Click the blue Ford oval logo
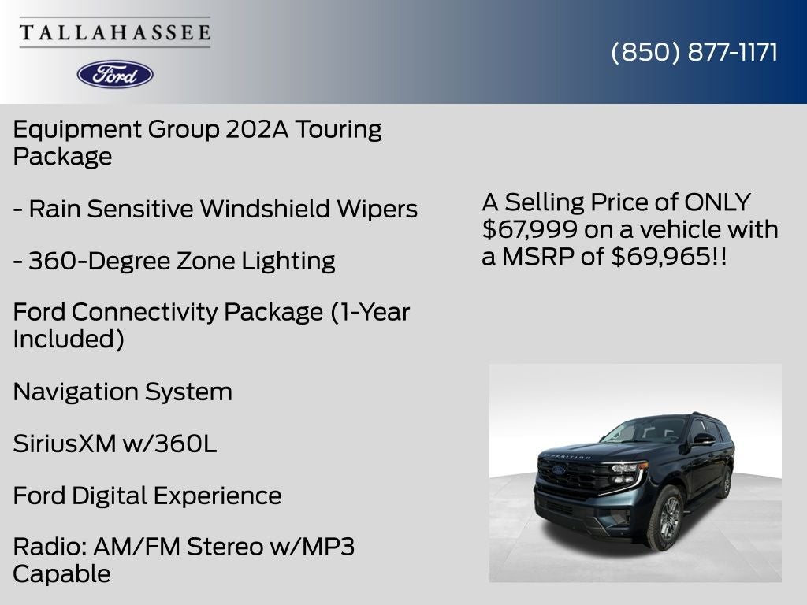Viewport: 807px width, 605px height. coord(115,74)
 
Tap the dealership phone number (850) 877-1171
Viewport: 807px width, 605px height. coord(694,52)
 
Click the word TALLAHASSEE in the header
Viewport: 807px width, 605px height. coord(115,33)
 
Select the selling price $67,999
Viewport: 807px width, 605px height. coord(523,229)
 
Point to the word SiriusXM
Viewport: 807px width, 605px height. coord(64,444)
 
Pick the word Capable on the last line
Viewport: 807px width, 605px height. coord(61,573)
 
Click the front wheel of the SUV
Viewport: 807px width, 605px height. coord(664,518)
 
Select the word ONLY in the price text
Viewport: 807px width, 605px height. coord(717,202)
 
